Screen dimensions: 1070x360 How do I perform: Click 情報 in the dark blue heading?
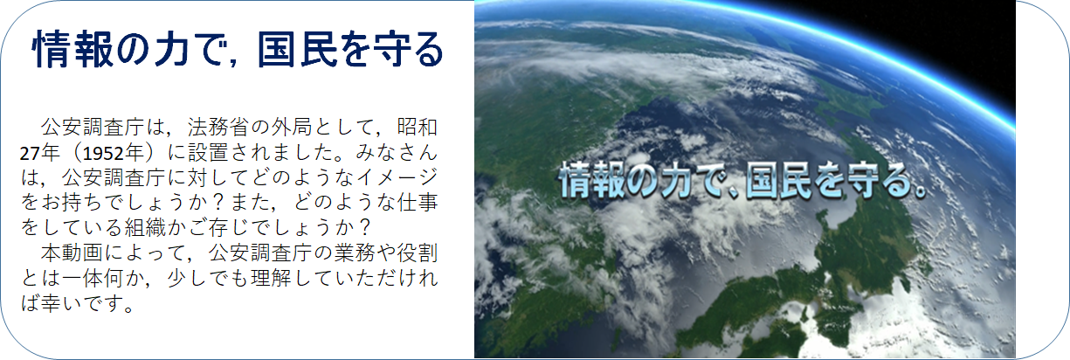72,49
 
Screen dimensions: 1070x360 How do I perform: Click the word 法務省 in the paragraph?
218,128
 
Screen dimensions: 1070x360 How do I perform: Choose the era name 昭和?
418,128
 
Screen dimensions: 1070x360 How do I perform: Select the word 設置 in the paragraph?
208,153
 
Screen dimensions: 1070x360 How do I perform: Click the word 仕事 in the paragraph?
418,203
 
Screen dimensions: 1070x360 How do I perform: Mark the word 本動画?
72,253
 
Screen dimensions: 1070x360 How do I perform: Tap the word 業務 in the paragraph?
355,253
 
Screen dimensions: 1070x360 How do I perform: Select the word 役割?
418,253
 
